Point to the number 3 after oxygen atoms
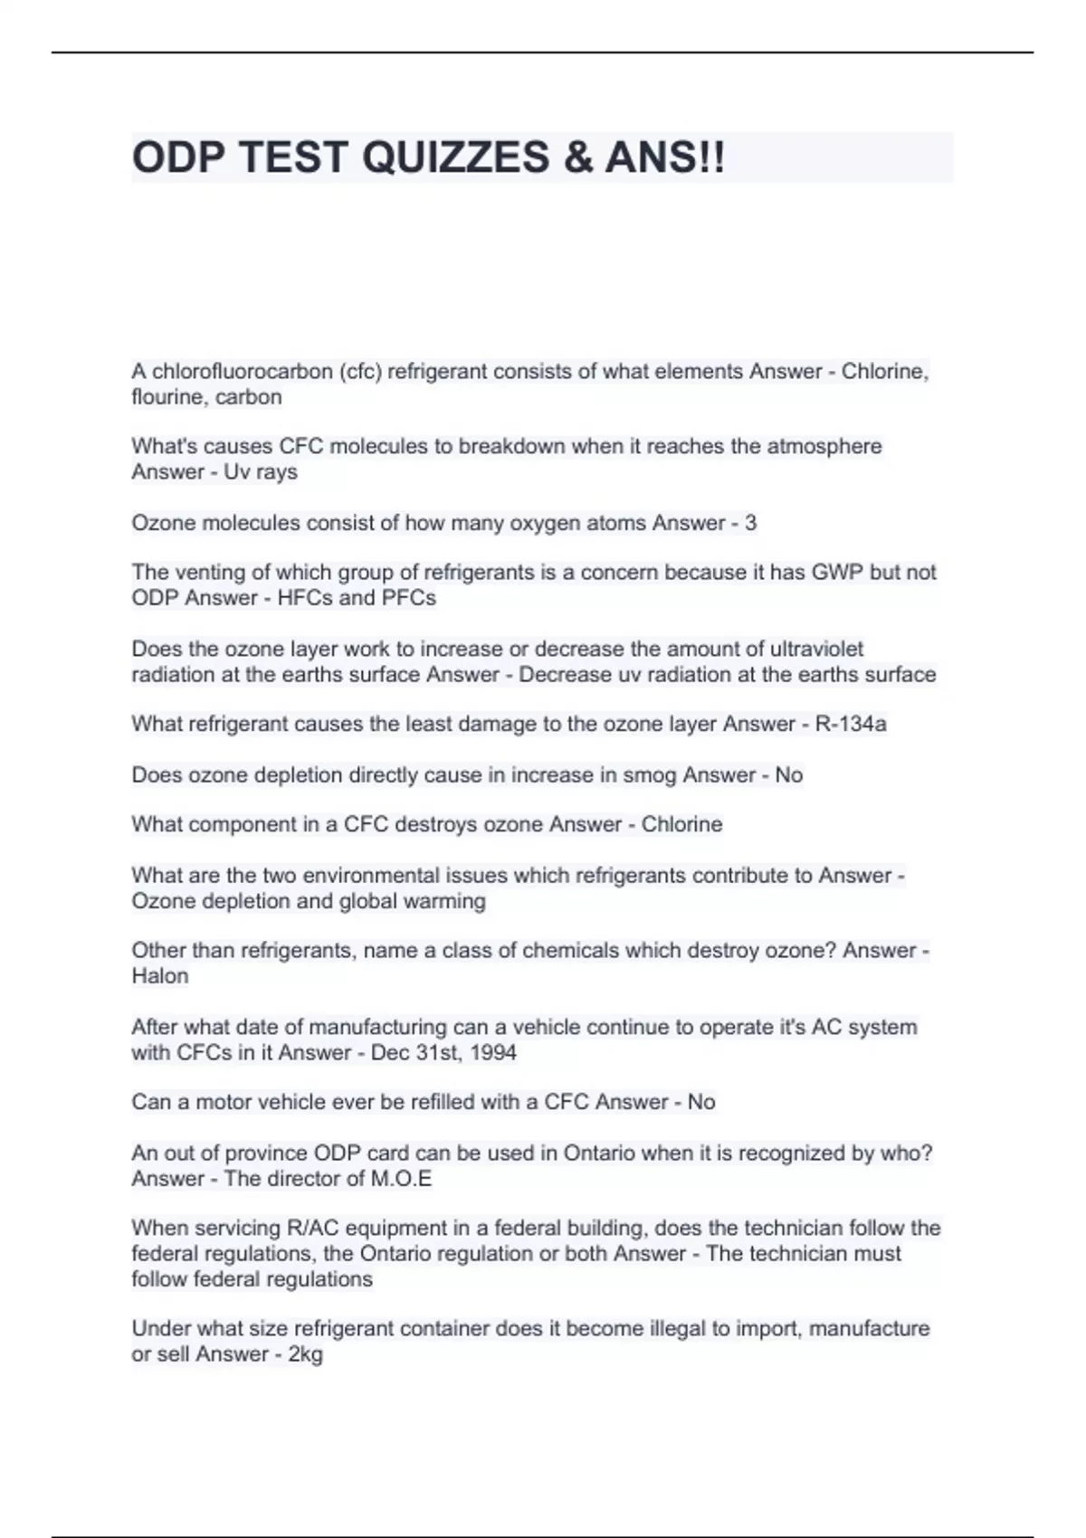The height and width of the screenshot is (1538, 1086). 750,523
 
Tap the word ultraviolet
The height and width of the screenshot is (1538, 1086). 816,649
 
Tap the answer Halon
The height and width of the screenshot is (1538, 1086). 160,976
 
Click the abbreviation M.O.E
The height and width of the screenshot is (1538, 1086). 401,1178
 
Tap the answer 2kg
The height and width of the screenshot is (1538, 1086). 305,1354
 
